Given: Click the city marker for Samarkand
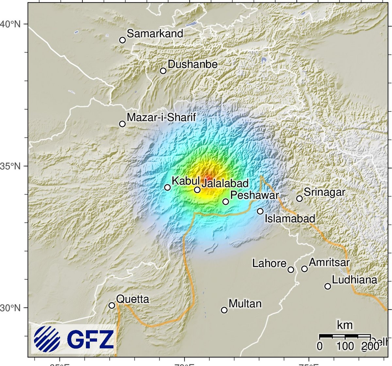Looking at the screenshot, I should click(x=122, y=40).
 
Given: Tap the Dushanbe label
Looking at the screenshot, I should click(x=192, y=64).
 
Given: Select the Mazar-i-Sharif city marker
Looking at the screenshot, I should click(x=122, y=124).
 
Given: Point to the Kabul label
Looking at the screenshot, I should click(x=186, y=181).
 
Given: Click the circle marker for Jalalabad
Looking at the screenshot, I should click(x=197, y=190).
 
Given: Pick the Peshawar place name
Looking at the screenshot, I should click(x=254, y=195).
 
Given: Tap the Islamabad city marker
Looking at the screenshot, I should click(x=260, y=211).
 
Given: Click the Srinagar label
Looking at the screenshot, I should click(x=324, y=192).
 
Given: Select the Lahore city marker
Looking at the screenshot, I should click(x=291, y=270).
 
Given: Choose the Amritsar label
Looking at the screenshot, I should click(x=329, y=262).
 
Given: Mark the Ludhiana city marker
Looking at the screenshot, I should click(x=328, y=286).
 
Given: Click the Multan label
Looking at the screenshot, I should click(x=245, y=304).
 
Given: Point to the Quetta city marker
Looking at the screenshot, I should click(x=112, y=306).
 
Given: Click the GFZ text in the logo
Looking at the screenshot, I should click(x=90, y=340).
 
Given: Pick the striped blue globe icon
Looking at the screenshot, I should click(x=47, y=339).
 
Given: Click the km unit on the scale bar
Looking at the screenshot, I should click(x=345, y=325).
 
